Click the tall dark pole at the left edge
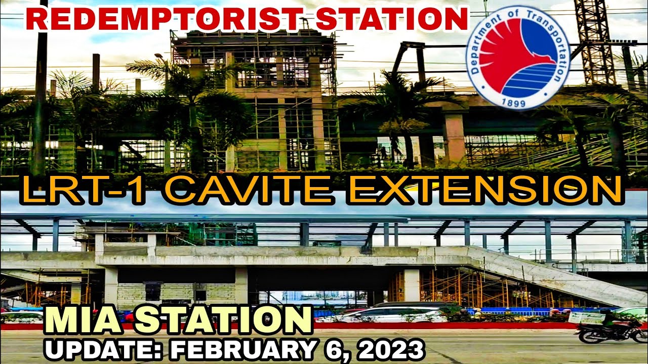tap(40, 91)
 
